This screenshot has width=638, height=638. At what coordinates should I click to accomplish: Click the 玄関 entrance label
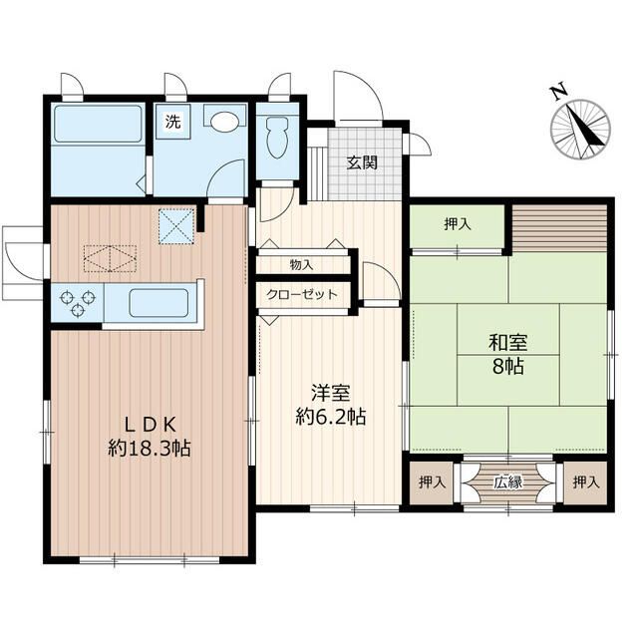tap(362, 162)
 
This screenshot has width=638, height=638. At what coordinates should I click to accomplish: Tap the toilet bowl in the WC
tap(278, 138)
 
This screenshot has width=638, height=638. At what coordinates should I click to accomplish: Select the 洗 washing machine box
tap(173, 122)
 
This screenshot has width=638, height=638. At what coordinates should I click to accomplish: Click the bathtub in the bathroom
tap(99, 124)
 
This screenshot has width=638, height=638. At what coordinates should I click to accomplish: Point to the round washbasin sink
tap(224, 122)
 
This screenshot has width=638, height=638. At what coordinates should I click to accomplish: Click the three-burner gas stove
tap(77, 303)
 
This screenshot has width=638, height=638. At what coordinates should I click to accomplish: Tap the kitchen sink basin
tap(159, 302)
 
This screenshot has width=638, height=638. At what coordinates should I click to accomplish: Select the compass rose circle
tap(580, 129)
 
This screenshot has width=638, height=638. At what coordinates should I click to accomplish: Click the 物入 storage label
tap(301, 265)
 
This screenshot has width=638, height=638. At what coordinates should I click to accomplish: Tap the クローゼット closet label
tap(302, 294)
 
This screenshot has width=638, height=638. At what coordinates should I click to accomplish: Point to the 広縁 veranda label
tap(508, 482)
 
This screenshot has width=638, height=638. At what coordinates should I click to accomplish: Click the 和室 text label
tap(507, 342)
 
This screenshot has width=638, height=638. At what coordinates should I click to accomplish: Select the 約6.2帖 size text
tap(330, 417)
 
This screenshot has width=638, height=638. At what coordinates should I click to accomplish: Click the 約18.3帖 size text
tap(150, 449)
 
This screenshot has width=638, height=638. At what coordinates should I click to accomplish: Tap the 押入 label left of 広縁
tap(432, 482)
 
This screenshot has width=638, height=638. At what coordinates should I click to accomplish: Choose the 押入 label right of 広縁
tap(586, 482)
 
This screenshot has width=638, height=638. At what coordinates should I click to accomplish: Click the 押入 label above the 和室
tap(458, 223)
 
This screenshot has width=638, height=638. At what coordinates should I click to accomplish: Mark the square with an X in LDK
tap(176, 226)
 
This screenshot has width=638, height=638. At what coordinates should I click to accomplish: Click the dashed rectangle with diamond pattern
tap(110, 258)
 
